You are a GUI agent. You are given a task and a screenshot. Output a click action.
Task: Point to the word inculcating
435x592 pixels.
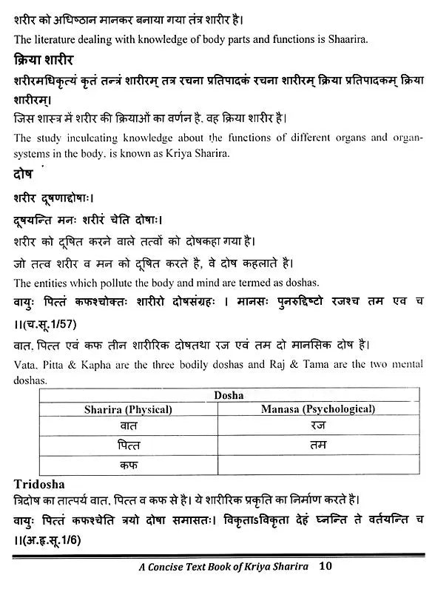pos(81,138)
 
